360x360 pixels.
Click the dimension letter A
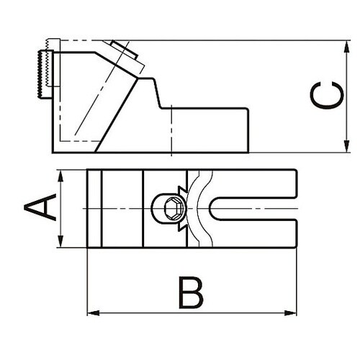click(40, 209)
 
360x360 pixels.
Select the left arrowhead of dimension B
click(91, 312)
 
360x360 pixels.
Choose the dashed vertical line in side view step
click(171, 130)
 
